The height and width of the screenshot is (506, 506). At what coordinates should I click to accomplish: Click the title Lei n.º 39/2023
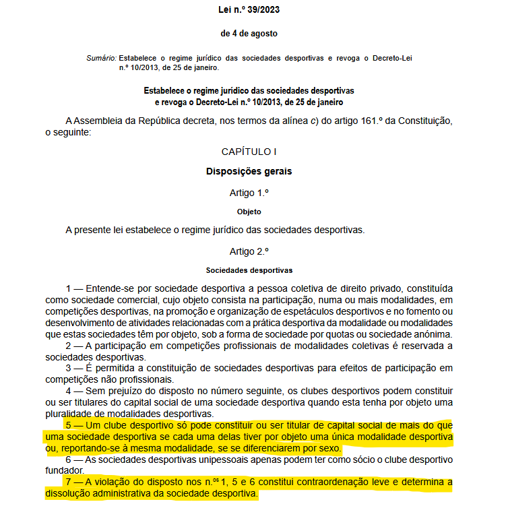click(249, 10)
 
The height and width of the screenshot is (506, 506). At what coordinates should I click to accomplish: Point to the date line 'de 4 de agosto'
click(249, 33)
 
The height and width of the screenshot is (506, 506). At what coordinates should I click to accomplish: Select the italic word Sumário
click(101, 59)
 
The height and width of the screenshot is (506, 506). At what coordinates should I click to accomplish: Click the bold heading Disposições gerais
click(249, 171)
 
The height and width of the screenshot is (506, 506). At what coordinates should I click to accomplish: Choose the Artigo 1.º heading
click(249, 192)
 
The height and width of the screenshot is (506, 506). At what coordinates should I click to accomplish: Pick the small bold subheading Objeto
click(249, 212)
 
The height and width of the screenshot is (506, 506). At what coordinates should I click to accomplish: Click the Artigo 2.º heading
click(249, 251)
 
